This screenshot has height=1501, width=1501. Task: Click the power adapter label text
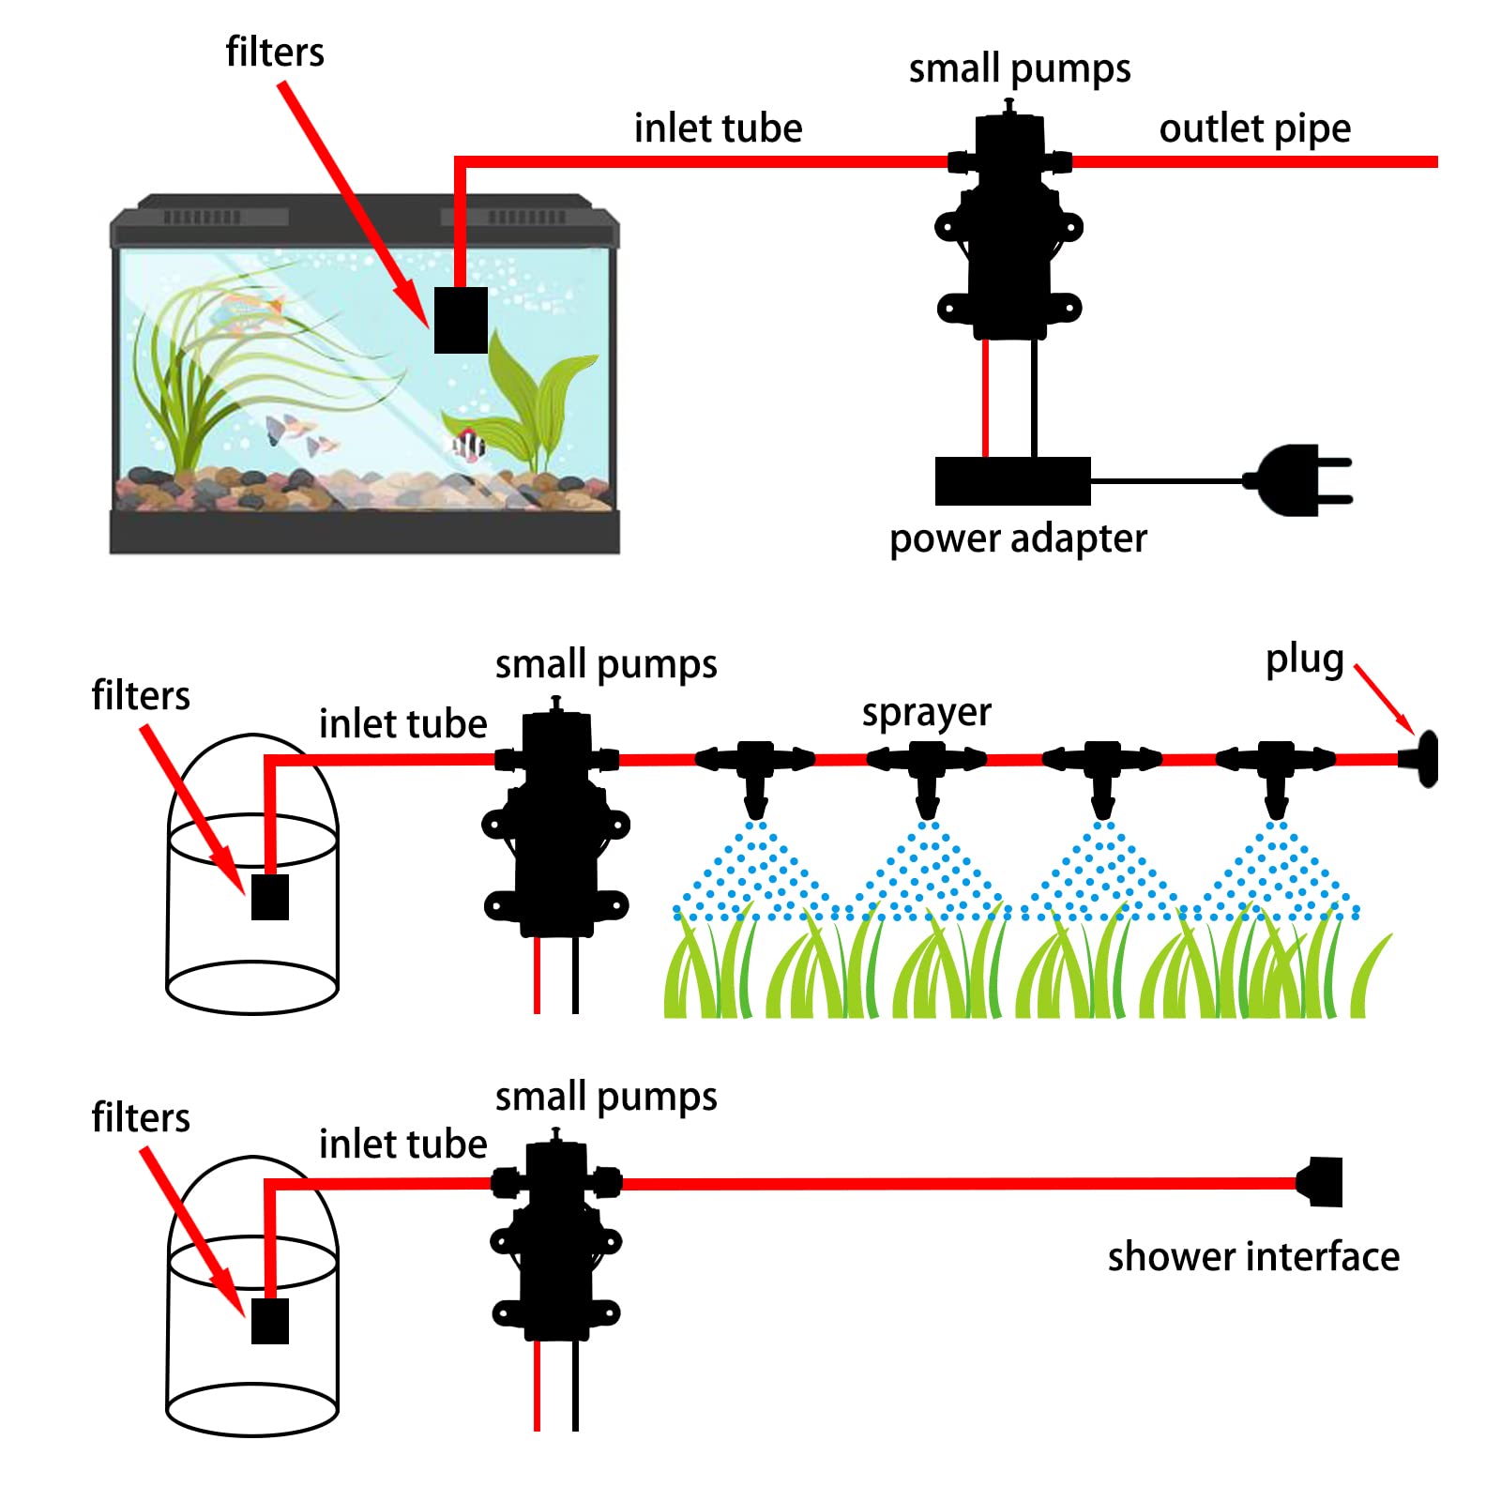pos(1018,538)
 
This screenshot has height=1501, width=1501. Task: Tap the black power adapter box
pos(1012,481)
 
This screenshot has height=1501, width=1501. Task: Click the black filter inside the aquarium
pos(461,320)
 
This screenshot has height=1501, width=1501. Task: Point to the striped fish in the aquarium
pos(467,444)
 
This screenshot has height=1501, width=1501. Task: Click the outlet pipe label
pos(1254,129)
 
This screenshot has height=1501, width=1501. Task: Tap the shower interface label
pos(1252,1256)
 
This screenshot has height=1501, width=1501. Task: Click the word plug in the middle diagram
pos(1304,660)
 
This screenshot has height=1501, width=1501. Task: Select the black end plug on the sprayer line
pos(1422,759)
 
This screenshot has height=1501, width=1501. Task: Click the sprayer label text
pos(926,713)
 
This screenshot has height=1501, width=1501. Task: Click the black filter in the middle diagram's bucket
pos(270,897)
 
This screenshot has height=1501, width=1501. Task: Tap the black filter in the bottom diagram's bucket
pos(270,1320)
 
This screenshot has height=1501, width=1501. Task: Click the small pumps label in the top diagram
pos(1020,68)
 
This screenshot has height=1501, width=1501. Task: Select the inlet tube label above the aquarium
pos(718,129)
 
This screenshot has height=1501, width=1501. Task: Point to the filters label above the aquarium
pos(275,52)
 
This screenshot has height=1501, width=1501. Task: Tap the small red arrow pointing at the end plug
pos(1385,699)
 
